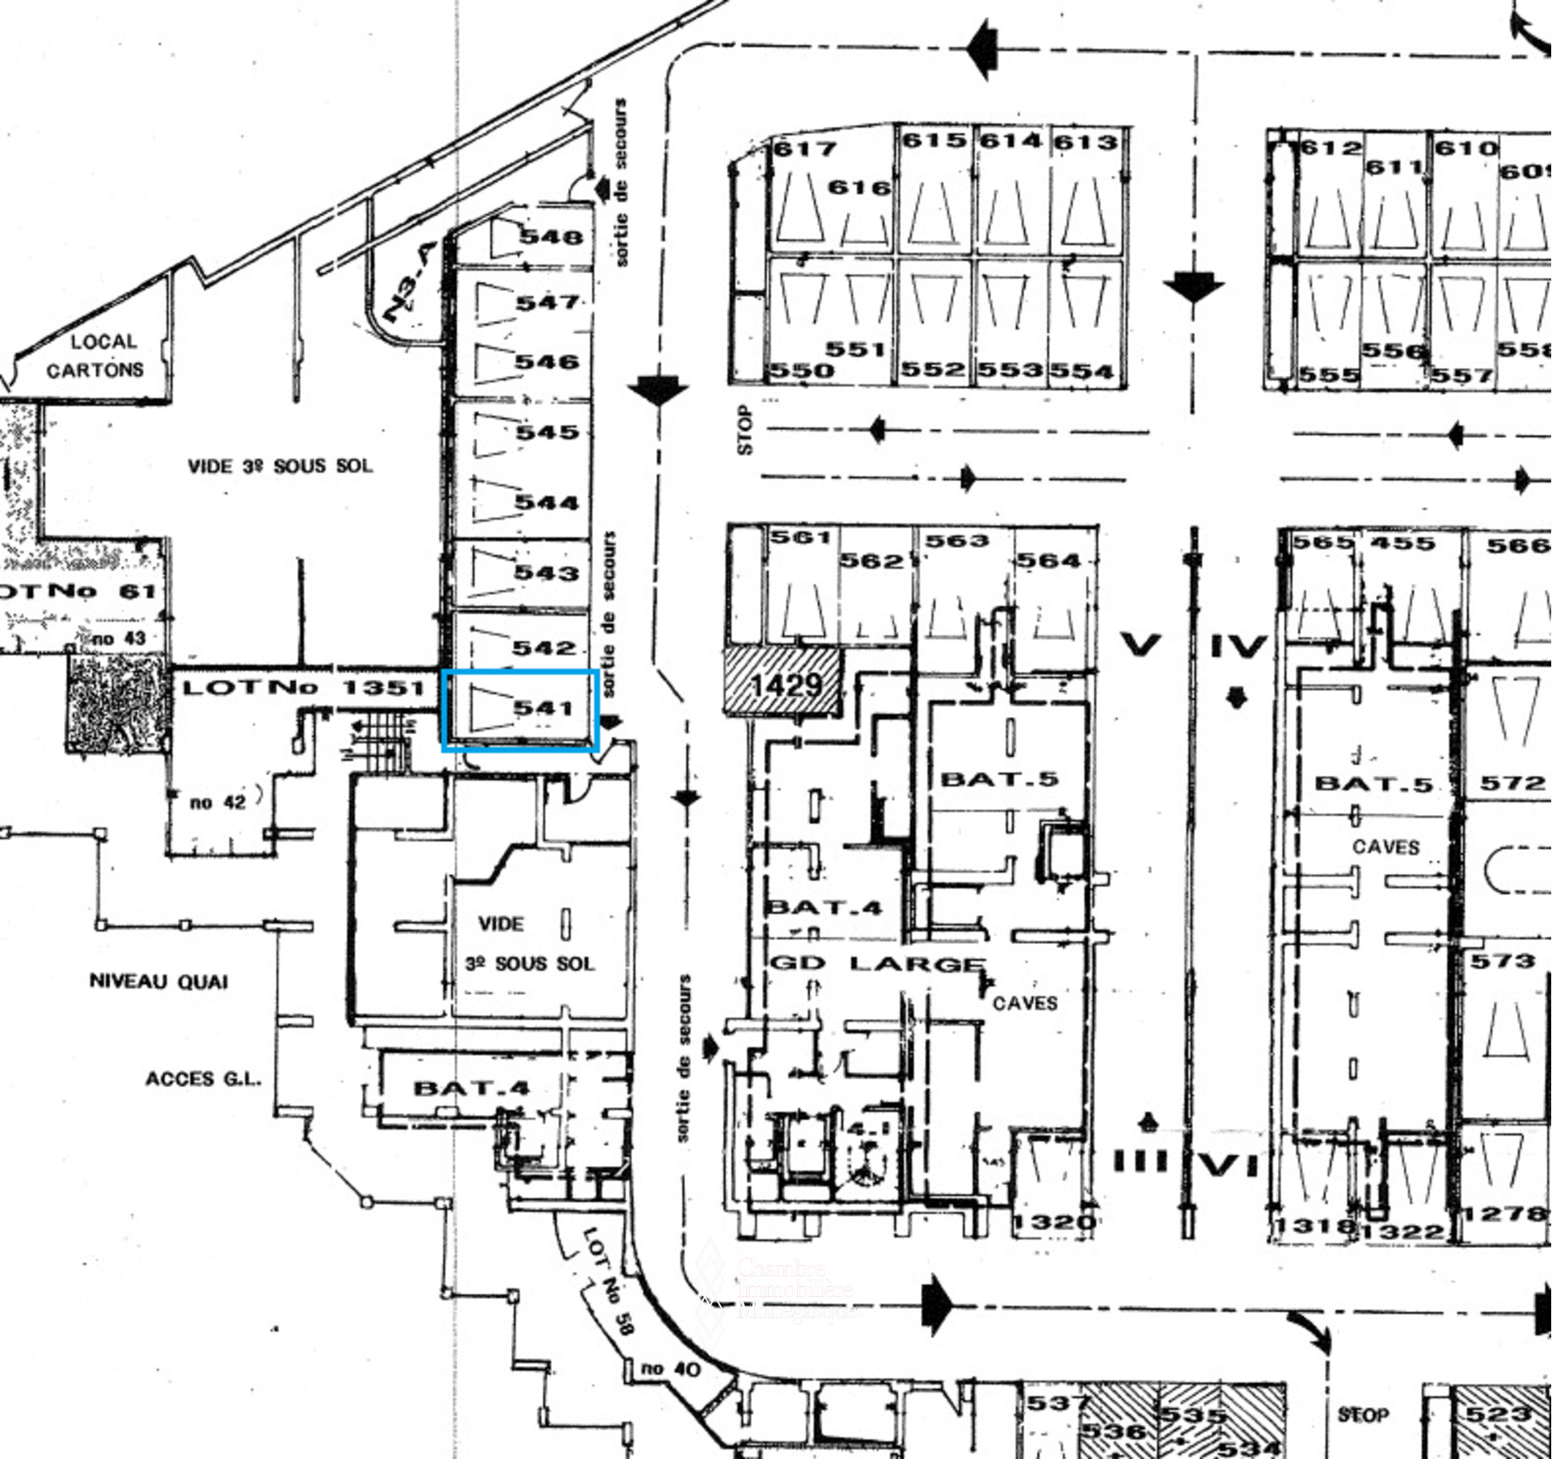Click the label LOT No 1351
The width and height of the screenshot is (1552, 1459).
pyautogui.click(x=303, y=688)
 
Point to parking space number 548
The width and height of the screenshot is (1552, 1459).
pyautogui.click(x=550, y=237)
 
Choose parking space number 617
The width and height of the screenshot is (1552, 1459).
pyautogui.click(x=805, y=149)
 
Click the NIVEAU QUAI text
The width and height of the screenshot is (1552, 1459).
pyautogui.click(x=158, y=981)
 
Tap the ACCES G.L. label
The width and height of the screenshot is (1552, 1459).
pyautogui.click(x=203, y=1079)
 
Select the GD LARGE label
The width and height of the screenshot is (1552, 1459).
pyautogui.click(x=877, y=964)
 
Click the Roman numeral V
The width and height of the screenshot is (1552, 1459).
pyautogui.click(x=1141, y=644)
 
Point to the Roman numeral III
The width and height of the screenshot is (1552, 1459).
pyautogui.click(x=1141, y=1162)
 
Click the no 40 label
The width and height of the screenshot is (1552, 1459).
pyautogui.click(x=671, y=1368)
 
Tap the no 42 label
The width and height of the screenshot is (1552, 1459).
pyautogui.click(x=217, y=803)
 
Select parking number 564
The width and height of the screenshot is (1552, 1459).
pyautogui.click(x=1048, y=560)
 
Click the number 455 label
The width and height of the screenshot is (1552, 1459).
pyautogui.click(x=1402, y=543)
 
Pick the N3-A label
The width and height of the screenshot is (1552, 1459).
pyautogui.click(x=410, y=283)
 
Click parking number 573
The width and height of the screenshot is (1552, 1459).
pyautogui.click(x=1502, y=960)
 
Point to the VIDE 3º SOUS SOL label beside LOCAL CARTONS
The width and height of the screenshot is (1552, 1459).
pyautogui.click(x=280, y=466)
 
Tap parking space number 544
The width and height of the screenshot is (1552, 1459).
pyautogui.click(x=547, y=503)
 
